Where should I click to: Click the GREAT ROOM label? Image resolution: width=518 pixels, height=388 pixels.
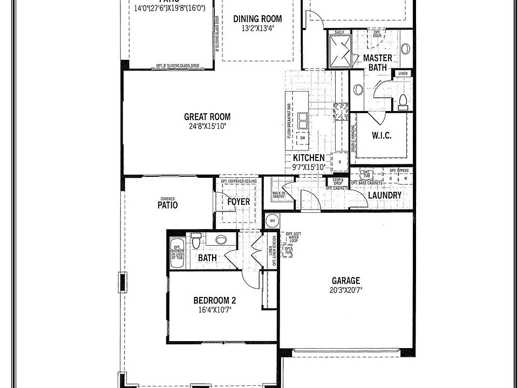(207, 116)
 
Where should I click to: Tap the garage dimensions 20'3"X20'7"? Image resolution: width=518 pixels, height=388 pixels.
(346, 290)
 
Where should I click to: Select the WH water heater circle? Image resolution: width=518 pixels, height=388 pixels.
(271, 220)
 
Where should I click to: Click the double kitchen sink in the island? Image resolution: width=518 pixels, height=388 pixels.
(302, 119)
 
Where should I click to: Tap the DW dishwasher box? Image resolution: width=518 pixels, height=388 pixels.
(303, 138)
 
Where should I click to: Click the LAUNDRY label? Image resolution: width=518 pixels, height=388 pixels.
(384, 195)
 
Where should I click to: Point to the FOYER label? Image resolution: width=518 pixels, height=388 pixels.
(238, 202)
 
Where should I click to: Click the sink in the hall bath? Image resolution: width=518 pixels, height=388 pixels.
(221, 240)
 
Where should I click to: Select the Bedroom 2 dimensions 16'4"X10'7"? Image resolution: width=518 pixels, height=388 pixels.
(215, 310)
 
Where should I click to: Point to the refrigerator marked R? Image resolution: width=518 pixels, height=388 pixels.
(340, 161)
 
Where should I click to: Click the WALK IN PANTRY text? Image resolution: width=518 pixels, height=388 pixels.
(278, 195)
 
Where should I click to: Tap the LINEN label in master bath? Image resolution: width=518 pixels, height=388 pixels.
(403, 73)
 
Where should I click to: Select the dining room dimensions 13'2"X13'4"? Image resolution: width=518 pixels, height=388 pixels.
(257, 29)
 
